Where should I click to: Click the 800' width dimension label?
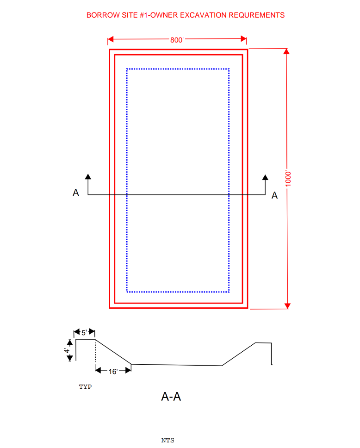tap(177, 40)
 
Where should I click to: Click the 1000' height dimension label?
tap(288, 179)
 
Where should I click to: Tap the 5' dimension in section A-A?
tap(84, 333)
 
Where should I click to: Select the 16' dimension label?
tap(113, 372)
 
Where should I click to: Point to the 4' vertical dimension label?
tap(67, 350)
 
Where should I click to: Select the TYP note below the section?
tap(86, 386)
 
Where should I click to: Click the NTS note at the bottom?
tap(168, 440)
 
